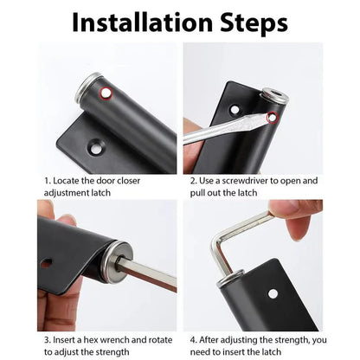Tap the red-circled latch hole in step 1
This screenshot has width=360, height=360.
point(105,92)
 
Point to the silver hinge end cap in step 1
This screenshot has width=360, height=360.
point(89,87)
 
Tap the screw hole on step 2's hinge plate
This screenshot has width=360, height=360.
point(235,110)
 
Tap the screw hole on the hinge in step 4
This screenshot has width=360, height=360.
point(273,293)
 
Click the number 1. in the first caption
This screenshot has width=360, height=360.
point(48,181)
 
